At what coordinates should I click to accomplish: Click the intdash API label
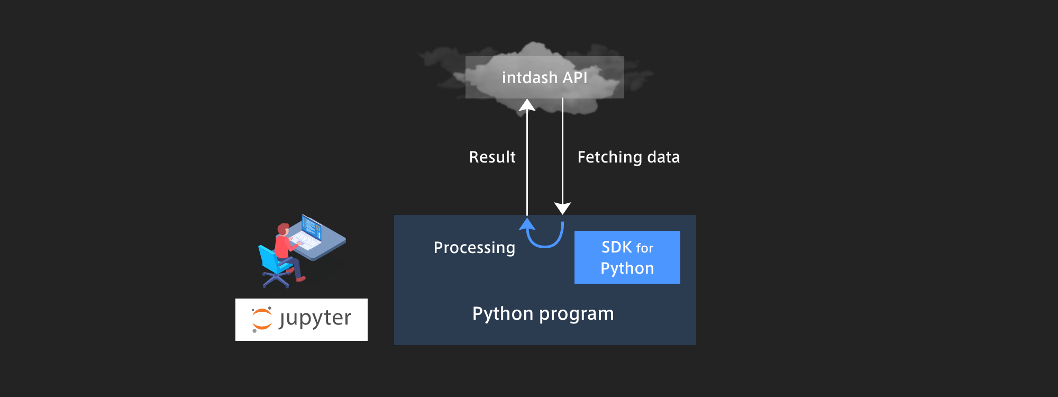(x=544, y=78)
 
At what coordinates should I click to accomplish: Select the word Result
(x=492, y=157)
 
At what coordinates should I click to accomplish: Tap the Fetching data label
(x=628, y=157)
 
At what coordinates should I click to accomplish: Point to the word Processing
(x=474, y=248)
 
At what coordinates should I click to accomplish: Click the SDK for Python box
(x=627, y=257)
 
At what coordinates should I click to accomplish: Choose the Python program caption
(x=543, y=314)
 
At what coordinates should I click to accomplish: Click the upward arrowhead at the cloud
(x=527, y=105)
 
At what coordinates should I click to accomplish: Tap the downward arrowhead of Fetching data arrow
(x=562, y=208)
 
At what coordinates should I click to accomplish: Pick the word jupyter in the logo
(x=315, y=319)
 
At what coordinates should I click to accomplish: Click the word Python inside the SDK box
(x=627, y=268)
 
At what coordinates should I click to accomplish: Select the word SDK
(x=617, y=247)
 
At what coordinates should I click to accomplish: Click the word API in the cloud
(x=575, y=78)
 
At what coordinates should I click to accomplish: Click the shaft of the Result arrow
(x=527, y=163)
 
